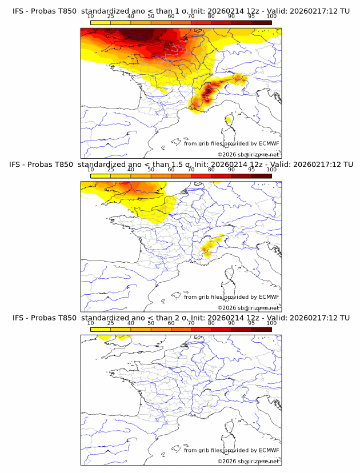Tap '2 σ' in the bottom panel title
click(x=179, y=318)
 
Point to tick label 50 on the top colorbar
click(x=151, y=16)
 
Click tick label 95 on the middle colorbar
click(x=251, y=169)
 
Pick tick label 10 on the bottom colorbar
click(x=91, y=322)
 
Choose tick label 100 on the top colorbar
click(x=271, y=16)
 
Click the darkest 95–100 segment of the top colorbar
click(x=262, y=22)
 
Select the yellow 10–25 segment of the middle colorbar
click(x=101, y=175)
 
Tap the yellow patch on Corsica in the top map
click(x=229, y=120)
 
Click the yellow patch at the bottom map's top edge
click(x=106, y=338)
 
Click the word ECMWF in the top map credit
click(x=269, y=144)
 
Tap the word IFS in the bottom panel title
click(x=18, y=318)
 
